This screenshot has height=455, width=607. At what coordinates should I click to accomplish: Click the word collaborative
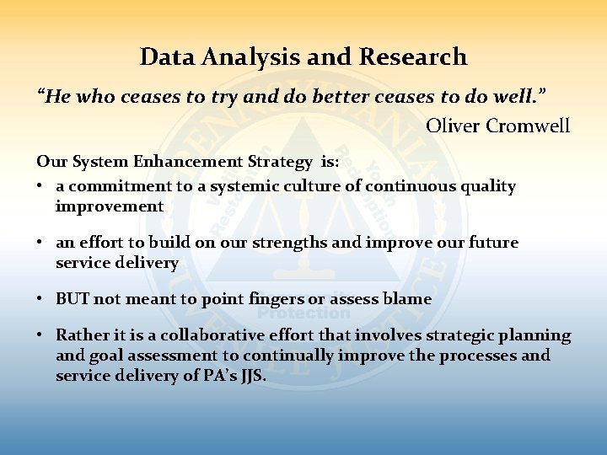tap(199, 335)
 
